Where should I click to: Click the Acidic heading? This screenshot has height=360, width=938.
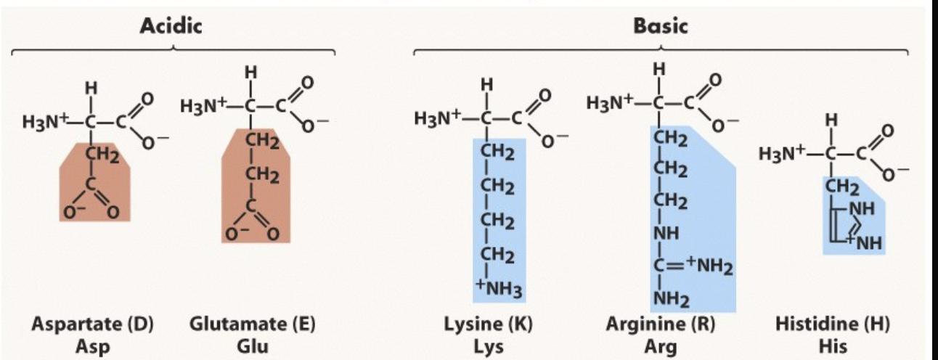click(x=171, y=27)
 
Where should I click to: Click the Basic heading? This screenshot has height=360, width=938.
click(x=660, y=27)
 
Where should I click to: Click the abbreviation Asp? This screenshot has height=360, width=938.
click(x=92, y=346)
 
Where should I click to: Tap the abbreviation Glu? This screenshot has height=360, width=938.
click(x=252, y=346)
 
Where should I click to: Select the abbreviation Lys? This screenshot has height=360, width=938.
click(x=489, y=346)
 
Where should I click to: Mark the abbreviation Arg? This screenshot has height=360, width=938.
click(x=661, y=346)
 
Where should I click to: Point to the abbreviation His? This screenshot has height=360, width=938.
click(x=832, y=346)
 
